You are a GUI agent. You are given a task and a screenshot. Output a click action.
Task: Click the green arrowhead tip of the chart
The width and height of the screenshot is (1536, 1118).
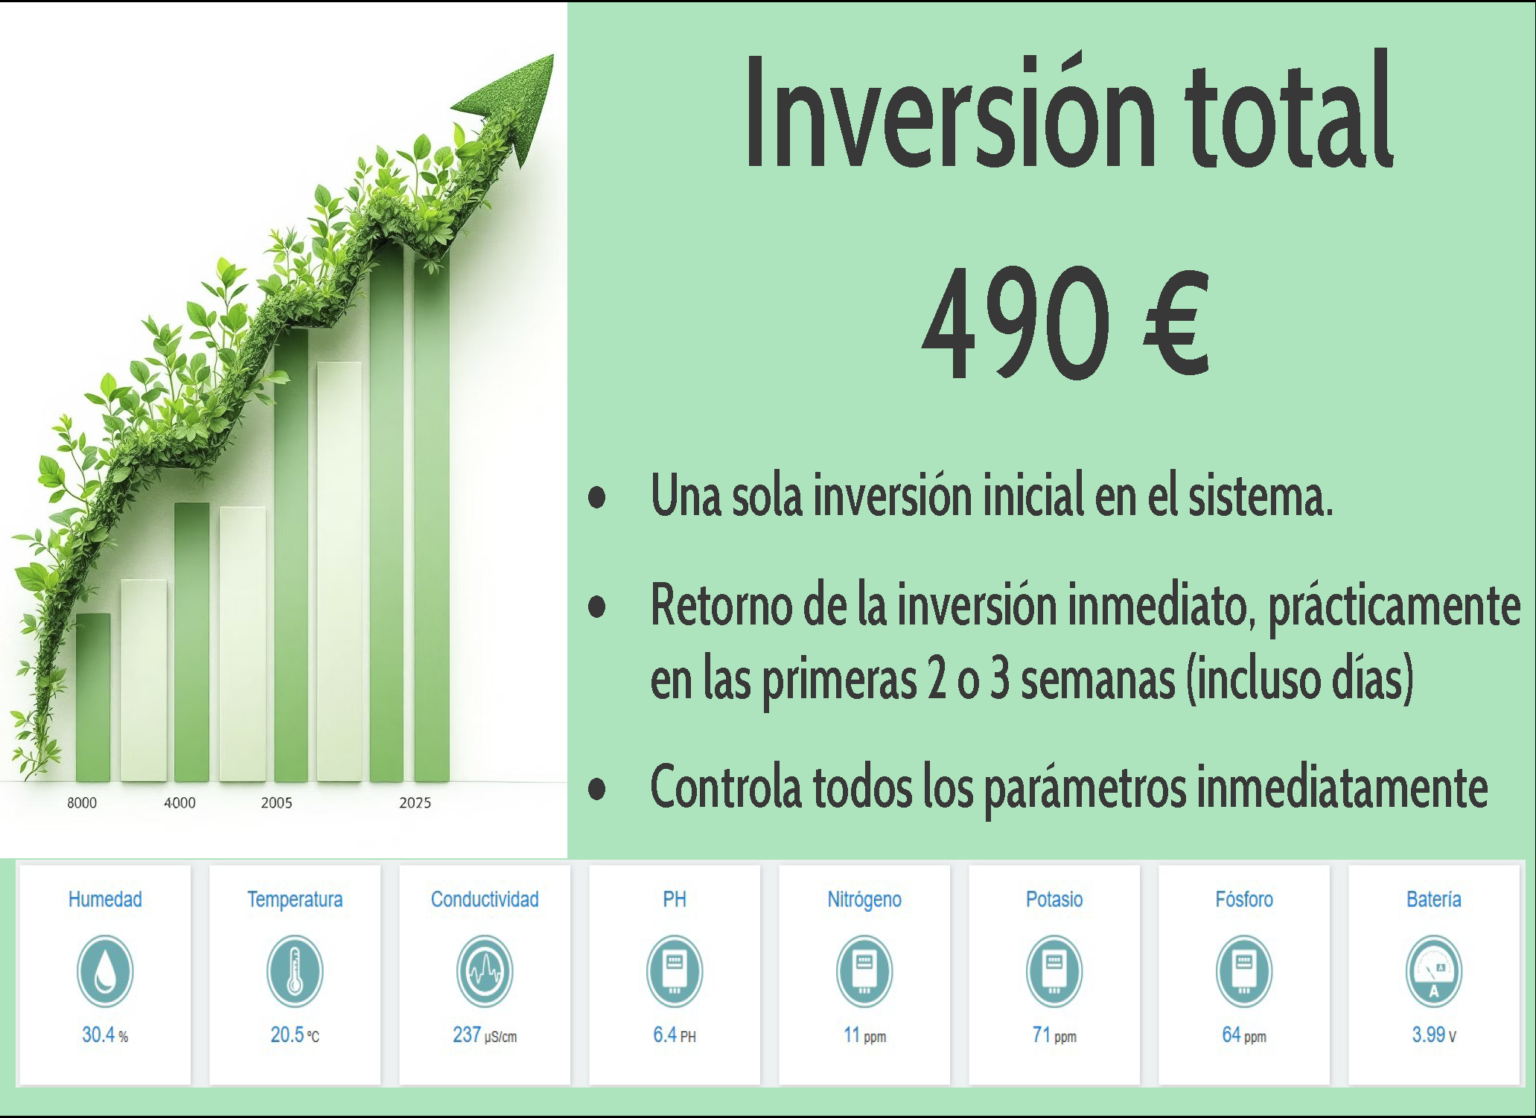[x=552, y=55]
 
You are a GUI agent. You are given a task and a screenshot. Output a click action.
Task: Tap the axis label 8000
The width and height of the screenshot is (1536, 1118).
[x=82, y=803]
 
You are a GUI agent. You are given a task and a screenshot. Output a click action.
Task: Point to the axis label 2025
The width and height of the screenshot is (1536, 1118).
[x=415, y=803]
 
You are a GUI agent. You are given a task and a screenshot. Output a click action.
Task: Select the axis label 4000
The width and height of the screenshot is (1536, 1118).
[x=179, y=803]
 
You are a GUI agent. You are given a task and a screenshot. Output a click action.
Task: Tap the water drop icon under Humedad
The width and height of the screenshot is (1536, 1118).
[x=105, y=971]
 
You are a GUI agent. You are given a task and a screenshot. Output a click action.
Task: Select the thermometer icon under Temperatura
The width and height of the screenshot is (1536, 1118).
[x=295, y=971]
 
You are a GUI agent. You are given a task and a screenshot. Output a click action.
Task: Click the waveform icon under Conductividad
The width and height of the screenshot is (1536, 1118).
[x=485, y=971]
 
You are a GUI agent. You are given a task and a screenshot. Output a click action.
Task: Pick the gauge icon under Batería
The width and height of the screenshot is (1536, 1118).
[x=1434, y=971]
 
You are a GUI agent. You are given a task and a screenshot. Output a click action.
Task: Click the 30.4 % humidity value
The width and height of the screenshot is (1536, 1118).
[x=105, y=1035]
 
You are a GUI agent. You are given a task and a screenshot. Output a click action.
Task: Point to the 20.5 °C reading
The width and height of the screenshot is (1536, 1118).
[x=295, y=1035]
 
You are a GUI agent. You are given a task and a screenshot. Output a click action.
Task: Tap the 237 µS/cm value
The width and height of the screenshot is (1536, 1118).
[x=485, y=1035]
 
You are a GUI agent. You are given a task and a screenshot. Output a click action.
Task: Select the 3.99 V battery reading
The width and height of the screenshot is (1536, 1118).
[x=1434, y=1035]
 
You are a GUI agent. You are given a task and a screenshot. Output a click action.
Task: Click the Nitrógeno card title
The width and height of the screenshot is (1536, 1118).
[x=864, y=900]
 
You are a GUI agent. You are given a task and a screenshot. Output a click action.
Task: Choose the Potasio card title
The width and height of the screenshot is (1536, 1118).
[x=1054, y=899]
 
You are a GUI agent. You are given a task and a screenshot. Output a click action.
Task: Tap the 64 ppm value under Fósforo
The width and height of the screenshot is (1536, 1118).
[x=1244, y=1035]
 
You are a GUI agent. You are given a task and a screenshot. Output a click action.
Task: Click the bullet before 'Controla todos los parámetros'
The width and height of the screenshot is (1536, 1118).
[x=596, y=789]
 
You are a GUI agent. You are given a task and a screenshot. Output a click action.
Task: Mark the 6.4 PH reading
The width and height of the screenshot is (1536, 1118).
[x=675, y=1035]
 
